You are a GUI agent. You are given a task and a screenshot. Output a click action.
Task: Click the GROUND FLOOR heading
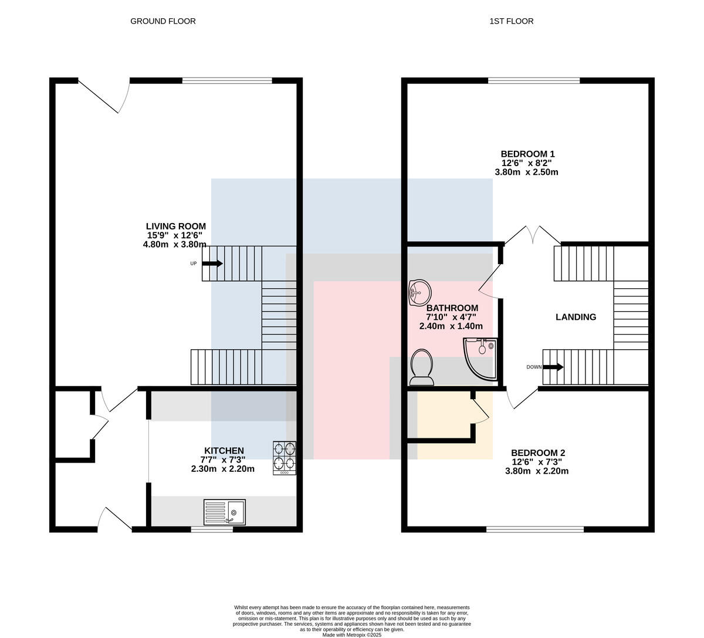click(x=163, y=21)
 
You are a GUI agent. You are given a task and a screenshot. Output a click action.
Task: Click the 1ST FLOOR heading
click(x=512, y=21)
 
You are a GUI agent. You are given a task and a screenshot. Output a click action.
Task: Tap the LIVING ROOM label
click(x=176, y=226)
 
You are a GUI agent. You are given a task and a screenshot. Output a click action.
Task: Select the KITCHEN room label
click(x=224, y=451)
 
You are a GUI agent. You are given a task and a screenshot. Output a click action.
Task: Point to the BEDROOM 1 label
click(x=527, y=154)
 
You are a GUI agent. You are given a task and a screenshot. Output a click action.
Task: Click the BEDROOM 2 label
click(x=538, y=453)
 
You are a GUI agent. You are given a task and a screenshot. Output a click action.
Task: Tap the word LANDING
click(x=576, y=317)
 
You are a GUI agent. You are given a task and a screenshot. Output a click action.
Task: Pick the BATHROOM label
click(x=452, y=308)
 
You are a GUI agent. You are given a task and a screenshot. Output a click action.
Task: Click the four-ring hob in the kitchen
click(x=285, y=458)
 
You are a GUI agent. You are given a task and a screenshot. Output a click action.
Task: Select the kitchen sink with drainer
click(x=225, y=512)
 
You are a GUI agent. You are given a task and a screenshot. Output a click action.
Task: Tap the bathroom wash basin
click(x=419, y=292)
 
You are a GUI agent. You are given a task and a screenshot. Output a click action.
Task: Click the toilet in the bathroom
click(x=421, y=367)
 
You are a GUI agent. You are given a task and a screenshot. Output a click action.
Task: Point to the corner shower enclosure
click(x=480, y=359)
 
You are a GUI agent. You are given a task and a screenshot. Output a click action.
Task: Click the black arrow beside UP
click(x=212, y=264)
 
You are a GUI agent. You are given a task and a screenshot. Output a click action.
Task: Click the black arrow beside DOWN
click(x=553, y=367)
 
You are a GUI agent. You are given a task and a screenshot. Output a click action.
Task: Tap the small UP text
click(x=194, y=264)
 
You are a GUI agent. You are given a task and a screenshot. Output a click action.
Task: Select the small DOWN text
click(x=534, y=367)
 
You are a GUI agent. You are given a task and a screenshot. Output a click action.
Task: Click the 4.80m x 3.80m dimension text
click(x=174, y=244)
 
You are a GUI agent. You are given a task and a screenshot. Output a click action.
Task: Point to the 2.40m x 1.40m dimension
click(x=451, y=326)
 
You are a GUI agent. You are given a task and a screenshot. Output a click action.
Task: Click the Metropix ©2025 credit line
click(x=352, y=635)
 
